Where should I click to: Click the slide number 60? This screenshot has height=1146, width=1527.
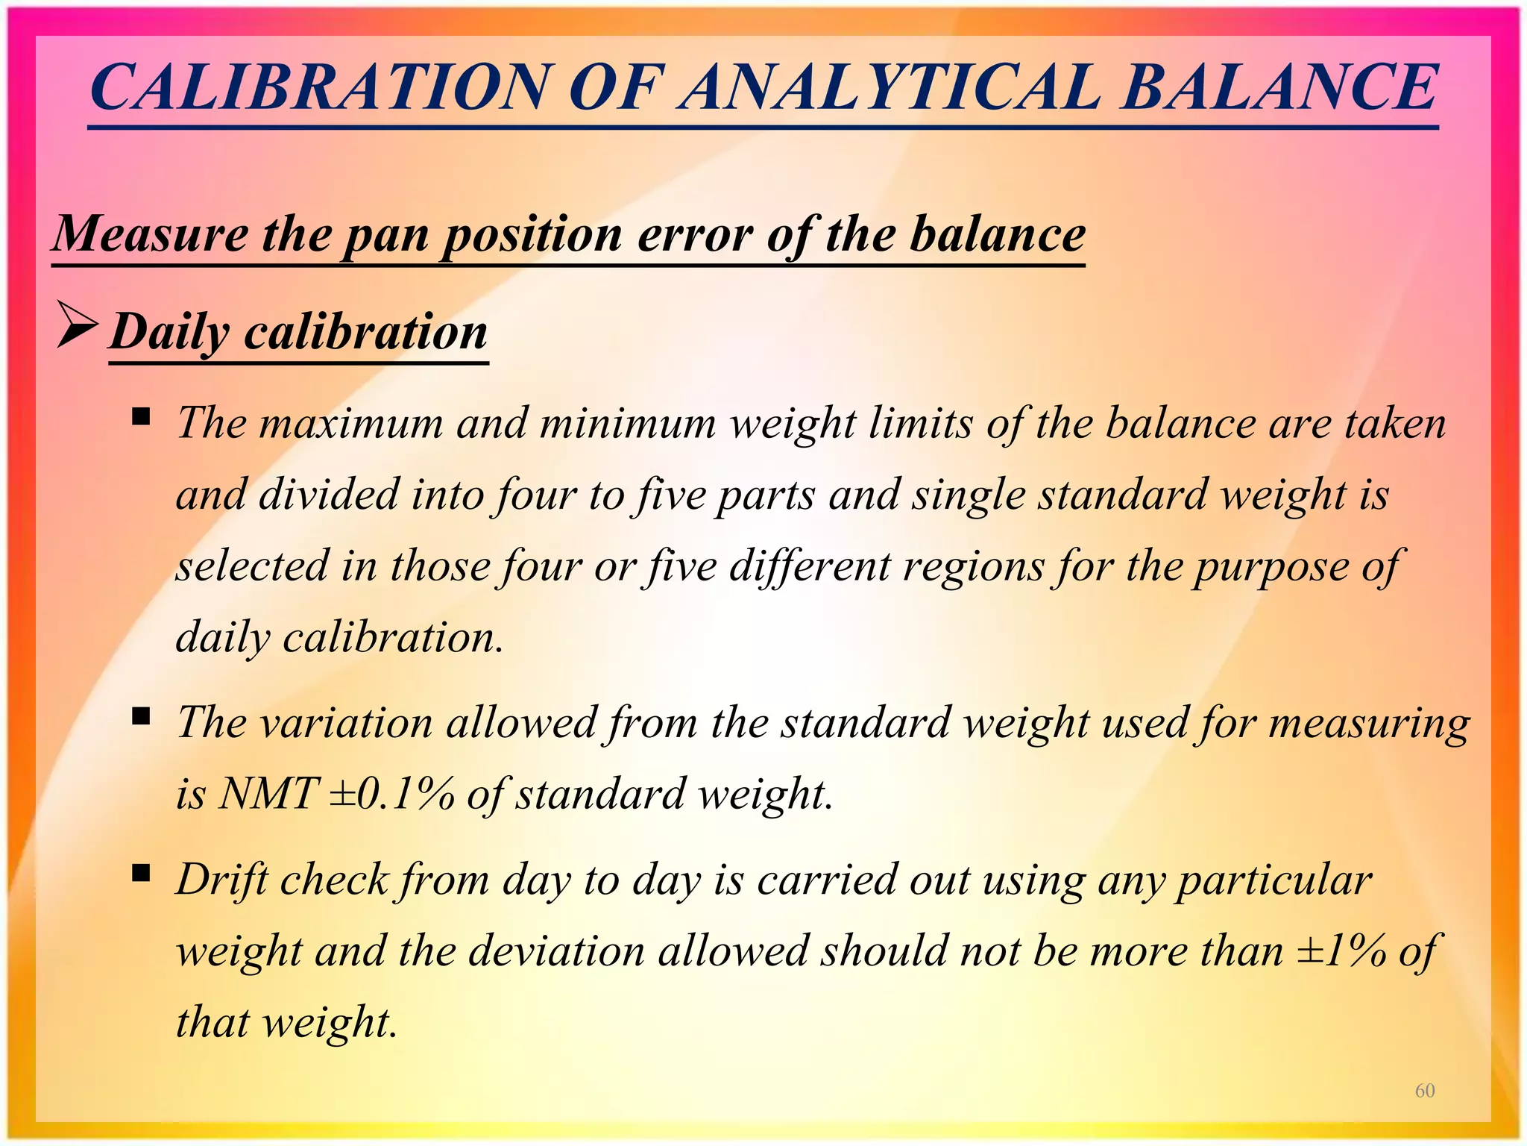tap(1425, 1091)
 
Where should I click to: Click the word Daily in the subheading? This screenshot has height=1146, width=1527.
tap(170, 331)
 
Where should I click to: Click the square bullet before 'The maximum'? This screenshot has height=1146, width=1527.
tap(140, 416)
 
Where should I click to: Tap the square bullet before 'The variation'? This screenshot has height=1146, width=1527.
tap(140, 716)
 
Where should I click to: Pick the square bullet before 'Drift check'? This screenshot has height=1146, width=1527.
tap(140, 872)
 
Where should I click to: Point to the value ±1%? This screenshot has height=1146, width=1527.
tap(1341, 951)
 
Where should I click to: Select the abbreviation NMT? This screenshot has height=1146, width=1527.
tap(269, 793)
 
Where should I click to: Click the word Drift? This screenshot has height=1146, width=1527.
tap(221, 880)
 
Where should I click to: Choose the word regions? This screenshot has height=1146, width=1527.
tap(972, 566)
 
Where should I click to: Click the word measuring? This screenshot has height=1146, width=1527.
tap(1369, 724)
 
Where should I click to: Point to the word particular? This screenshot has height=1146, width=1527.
tap(1275, 880)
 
